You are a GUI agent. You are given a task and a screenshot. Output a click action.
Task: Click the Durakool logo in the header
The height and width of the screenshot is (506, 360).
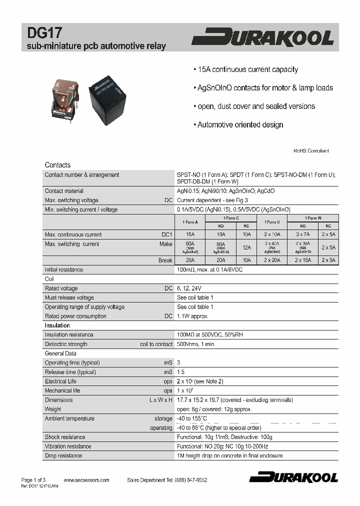coord(263,38)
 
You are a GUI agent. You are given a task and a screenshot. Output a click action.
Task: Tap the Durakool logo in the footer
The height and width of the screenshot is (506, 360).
coord(293,477)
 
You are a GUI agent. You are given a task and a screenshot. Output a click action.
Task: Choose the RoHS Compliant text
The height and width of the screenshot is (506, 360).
coord(310,150)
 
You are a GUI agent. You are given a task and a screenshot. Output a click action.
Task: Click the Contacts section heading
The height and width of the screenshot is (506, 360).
coord(57,165)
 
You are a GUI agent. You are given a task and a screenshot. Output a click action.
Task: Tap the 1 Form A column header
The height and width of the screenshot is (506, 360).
coord(189,221)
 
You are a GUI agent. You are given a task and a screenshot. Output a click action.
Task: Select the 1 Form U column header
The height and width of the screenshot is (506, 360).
coord(272,221)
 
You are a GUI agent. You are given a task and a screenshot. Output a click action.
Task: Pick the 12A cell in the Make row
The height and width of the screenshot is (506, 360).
coord(246,247)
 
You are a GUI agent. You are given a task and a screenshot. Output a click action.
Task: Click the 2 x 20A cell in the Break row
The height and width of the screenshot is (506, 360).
coord(272,260)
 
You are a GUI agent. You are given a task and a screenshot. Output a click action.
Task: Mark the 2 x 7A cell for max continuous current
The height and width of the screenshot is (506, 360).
coord(302,234)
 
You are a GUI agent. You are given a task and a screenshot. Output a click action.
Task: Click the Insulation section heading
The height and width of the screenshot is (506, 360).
coord(57,325)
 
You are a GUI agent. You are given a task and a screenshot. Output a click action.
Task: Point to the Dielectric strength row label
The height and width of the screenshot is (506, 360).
coord(66,344)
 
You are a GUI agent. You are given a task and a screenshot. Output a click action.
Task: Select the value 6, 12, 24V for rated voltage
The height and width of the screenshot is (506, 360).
coord(189,288)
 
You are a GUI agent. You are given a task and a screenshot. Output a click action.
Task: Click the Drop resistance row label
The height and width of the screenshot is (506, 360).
coord(63,455)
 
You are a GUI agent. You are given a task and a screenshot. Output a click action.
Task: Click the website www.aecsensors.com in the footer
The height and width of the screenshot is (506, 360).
coord(86,480)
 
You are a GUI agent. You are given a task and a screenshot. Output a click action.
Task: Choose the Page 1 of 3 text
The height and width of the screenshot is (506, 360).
coord(33,480)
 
